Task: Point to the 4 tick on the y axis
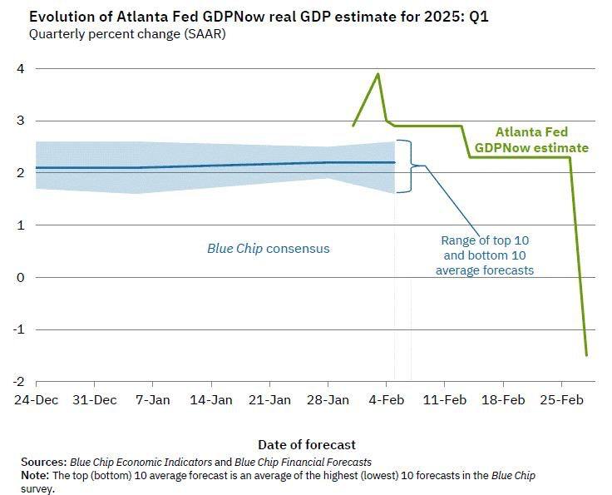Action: (17, 69)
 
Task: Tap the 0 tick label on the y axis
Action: (17, 277)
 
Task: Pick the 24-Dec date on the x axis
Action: (36, 399)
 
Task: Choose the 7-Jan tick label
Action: (152, 399)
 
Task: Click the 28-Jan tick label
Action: (328, 399)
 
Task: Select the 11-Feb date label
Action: (445, 399)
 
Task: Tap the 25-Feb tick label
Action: (561, 399)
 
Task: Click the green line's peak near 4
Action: (378, 73)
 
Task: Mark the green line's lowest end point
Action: (587, 355)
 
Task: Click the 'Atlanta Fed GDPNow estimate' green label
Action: (531, 140)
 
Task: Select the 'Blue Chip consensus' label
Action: (268, 248)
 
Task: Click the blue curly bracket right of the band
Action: (405, 166)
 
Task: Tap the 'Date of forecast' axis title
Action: (306, 444)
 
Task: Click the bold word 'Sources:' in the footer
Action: (43, 461)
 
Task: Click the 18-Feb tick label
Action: (503, 399)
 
